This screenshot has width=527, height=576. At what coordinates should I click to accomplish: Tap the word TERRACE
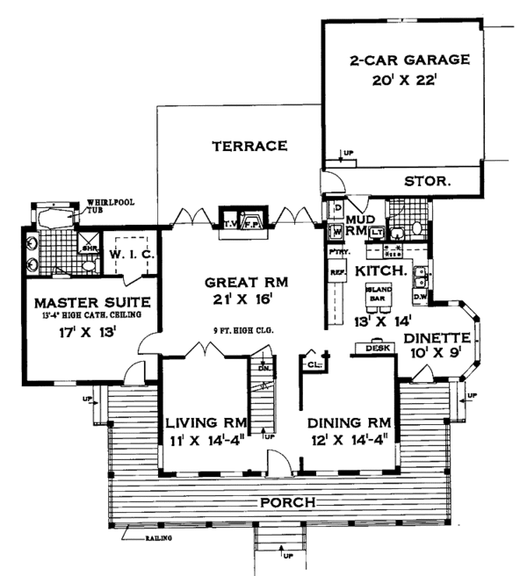[249, 146]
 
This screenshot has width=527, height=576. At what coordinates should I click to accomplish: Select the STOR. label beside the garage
[428, 182]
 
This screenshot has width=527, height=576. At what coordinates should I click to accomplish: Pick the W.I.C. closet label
[133, 255]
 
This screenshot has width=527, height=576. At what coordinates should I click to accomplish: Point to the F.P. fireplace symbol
[250, 222]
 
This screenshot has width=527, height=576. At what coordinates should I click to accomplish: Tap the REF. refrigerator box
[335, 273]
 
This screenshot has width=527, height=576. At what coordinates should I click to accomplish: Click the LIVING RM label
[206, 422]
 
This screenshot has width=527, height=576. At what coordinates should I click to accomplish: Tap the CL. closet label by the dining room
[313, 361]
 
